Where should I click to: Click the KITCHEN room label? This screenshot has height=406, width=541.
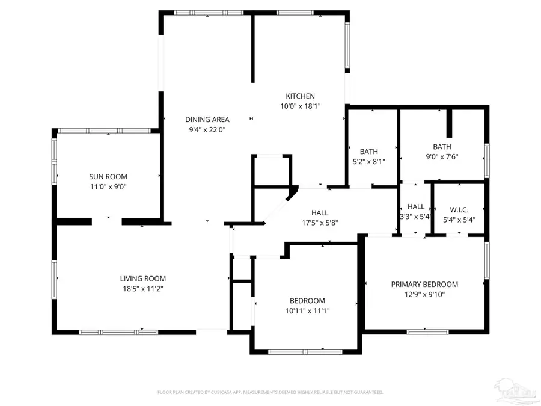pos(300,96)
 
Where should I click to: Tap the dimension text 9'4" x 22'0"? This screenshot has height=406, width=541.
pos(207,129)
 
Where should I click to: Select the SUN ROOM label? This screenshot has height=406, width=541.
pos(108,177)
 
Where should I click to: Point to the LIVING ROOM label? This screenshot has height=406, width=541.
pos(142,278)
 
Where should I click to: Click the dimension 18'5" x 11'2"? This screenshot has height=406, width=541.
pos(142,289)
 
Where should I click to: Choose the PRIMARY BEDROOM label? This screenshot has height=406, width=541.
pos(424,285)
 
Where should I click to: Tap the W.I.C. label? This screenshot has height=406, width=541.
pos(459,210)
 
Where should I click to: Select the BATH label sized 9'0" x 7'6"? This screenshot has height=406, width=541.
pos(442,147)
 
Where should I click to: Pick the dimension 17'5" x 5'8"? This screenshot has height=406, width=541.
pos(320,223)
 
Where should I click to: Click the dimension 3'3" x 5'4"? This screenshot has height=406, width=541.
pos(415,217)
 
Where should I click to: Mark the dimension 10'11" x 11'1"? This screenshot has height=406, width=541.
pos(307,311)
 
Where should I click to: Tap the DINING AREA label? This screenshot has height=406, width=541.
pos(207,119)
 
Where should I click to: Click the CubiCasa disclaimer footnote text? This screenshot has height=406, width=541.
pos(270,392)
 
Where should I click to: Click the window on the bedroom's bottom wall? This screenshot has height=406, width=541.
pos(304,352)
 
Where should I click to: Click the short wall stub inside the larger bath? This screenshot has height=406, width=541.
pos(448,124)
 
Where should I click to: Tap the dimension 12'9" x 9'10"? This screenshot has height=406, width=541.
pos(424,295)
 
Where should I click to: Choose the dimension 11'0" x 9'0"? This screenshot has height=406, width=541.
pos(108,187)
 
